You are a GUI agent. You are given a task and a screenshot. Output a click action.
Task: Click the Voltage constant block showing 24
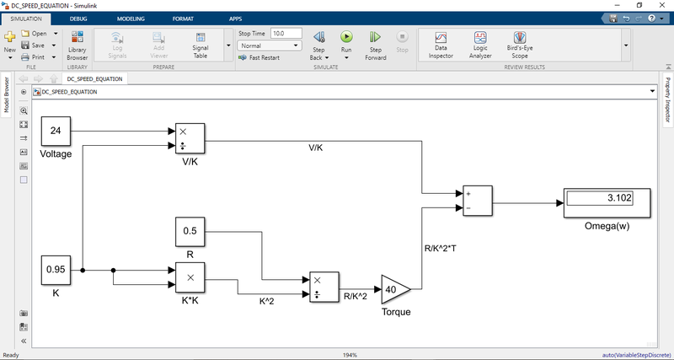[x=56, y=130]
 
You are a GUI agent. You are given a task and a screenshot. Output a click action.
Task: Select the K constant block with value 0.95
[x=56, y=271]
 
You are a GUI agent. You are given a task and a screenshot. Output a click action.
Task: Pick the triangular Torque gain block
[x=394, y=289]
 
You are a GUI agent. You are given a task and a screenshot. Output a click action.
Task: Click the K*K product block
[x=190, y=277]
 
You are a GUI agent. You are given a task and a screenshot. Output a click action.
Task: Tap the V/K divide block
[x=190, y=138]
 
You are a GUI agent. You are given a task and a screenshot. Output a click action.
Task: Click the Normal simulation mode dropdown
[x=270, y=46]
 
